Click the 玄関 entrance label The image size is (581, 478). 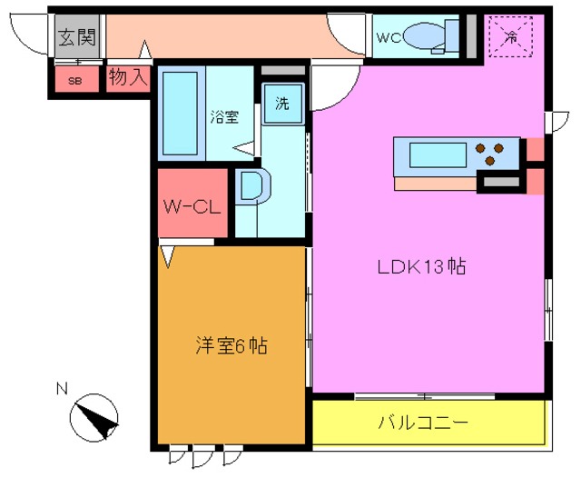(76, 38)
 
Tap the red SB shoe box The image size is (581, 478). (74, 79)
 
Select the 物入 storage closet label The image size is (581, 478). (128, 77)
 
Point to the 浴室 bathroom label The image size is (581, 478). (224, 116)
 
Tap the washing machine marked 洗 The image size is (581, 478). (282, 103)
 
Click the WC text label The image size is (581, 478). (388, 37)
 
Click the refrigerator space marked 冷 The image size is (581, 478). (511, 37)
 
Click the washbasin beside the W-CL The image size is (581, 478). (250, 186)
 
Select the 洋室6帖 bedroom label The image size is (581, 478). (231, 345)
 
